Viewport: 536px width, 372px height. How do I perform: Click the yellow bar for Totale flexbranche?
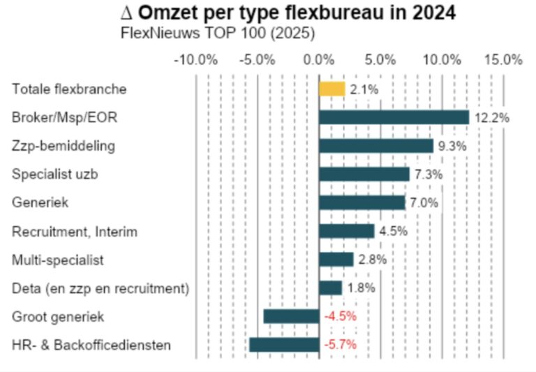332,89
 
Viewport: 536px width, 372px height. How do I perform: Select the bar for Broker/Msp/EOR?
394,117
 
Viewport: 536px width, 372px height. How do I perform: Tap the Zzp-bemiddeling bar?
376,146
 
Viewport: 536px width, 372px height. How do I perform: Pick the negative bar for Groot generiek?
291,316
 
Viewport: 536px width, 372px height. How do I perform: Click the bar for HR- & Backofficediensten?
284,345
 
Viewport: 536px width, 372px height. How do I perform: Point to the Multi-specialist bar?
336,260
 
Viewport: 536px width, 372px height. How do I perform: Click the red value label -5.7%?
340,345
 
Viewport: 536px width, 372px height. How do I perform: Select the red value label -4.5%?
340,316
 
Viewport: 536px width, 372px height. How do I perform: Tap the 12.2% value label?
491,117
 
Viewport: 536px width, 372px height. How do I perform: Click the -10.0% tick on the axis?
195,60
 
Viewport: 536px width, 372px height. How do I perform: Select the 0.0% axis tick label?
319,60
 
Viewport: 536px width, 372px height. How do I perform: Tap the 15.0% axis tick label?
503,60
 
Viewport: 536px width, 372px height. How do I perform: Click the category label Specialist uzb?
54,174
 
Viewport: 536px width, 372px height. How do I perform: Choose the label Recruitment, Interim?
75,231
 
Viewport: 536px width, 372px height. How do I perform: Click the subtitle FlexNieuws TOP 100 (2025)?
217,33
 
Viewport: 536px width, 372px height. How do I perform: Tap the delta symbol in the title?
126,13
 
